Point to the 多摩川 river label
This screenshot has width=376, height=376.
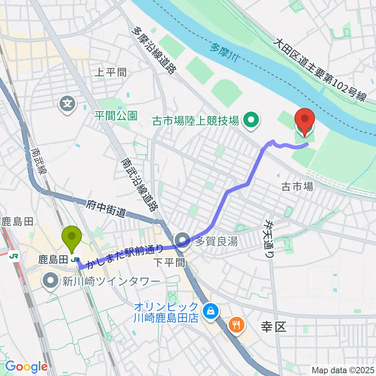click(225, 49)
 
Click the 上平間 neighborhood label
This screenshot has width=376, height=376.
click(111, 72)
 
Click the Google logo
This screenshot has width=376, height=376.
click(26, 367)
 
